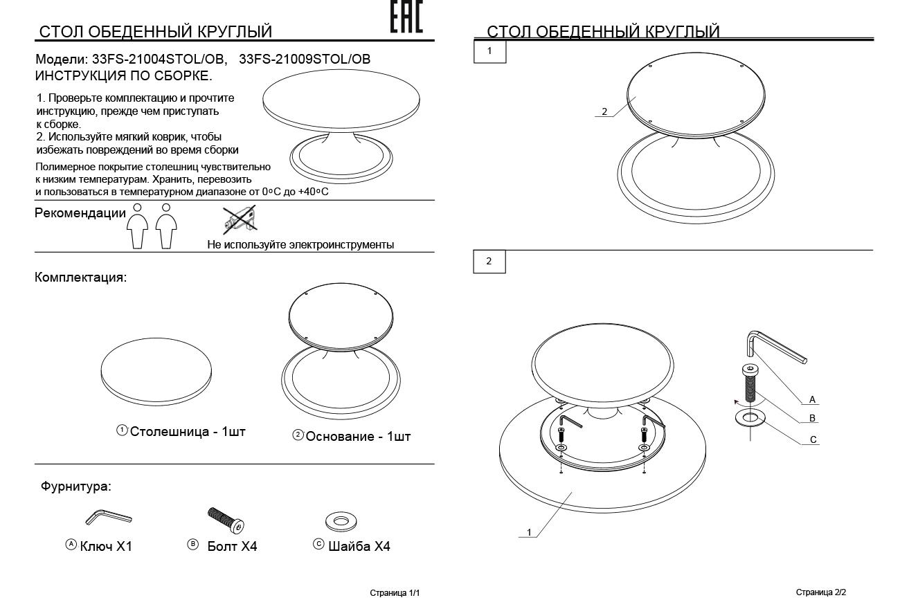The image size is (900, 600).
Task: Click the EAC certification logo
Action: tap(406, 16)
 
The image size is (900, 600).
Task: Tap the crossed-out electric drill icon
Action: tap(240, 219)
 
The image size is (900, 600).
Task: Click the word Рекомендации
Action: tap(80, 213)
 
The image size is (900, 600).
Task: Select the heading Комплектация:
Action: tap(80, 277)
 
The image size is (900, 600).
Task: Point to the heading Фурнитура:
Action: tap(76, 487)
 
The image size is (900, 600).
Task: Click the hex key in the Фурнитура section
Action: tap(109, 517)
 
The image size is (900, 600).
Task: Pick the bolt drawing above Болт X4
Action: tap(226, 520)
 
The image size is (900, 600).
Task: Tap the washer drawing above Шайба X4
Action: tap(341, 521)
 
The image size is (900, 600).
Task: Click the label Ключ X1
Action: tap(106, 546)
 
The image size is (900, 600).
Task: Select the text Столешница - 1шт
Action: tap(188, 432)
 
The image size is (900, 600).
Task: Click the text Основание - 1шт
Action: tap(358, 437)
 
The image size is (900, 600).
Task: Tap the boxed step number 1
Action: tap(489, 51)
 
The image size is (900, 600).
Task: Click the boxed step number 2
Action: tap(489, 262)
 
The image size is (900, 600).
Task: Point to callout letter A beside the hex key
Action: tap(812, 399)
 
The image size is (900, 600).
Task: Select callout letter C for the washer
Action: tap(813, 439)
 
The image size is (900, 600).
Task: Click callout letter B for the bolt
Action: tap(812, 418)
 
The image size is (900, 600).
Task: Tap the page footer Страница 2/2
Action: tap(821, 592)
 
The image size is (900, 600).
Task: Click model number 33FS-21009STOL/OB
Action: tap(305, 59)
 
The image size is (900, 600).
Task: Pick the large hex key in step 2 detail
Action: tap(776, 347)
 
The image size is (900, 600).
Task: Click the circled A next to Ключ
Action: tap(71, 544)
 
